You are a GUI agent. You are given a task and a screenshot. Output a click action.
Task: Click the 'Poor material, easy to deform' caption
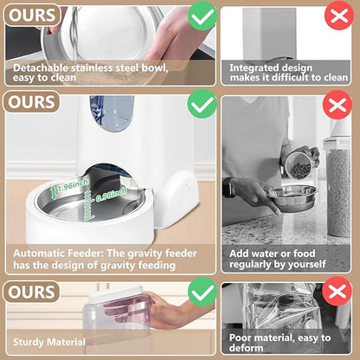point(280,344)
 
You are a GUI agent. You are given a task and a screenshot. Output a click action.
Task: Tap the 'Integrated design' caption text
point(265,66)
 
